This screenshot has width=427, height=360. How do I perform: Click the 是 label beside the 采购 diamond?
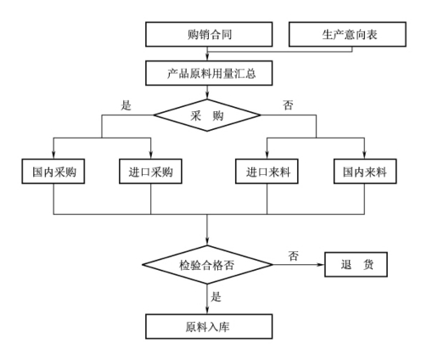click(126, 105)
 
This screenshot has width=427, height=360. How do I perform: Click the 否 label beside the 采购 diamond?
click(288, 105)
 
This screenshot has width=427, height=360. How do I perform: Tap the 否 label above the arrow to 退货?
click(294, 256)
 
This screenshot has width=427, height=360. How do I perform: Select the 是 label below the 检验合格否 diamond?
click(216, 296)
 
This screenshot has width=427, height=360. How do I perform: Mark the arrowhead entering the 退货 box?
click(321, 265)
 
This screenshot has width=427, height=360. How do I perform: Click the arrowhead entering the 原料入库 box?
click(207, 310)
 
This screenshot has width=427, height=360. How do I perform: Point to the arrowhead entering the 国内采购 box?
click(53, 155)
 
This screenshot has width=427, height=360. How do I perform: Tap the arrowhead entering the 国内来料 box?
click(364, 155)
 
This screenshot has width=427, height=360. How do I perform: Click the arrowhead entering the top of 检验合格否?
click(207, 242)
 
